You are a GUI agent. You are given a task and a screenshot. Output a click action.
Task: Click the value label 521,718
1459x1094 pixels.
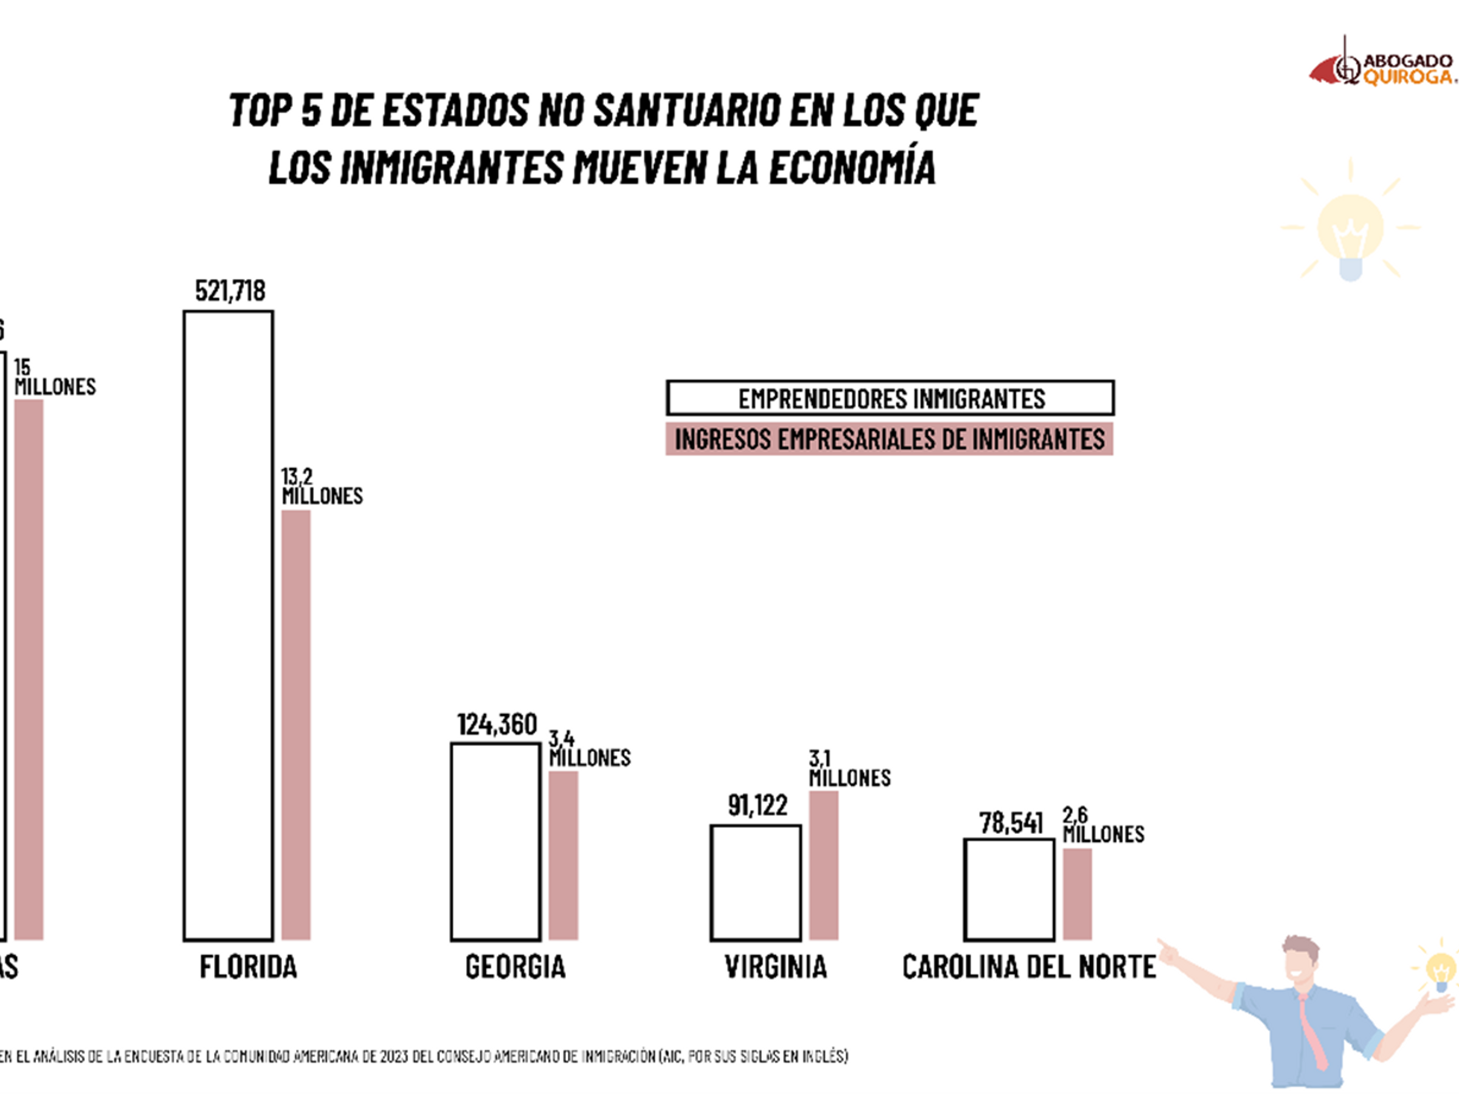coord(230,291)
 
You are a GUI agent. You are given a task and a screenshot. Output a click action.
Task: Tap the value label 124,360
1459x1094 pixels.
coord(497,724)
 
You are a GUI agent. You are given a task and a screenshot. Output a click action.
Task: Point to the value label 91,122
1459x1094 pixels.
coord(758,805)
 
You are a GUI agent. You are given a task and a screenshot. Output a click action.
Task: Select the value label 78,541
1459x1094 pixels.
coord(1011,823)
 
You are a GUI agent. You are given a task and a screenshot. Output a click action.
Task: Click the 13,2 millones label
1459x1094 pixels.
coord(322,486)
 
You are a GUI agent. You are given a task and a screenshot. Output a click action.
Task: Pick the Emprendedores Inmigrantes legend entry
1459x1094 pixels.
coord(891,398)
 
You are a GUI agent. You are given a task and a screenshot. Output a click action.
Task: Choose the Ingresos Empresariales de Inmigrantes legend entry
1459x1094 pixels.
coord(889,439)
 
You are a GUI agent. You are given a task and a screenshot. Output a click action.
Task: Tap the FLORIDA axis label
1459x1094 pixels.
coord(249,968)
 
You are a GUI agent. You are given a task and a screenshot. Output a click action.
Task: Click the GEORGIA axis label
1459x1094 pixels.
coord(515,968)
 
